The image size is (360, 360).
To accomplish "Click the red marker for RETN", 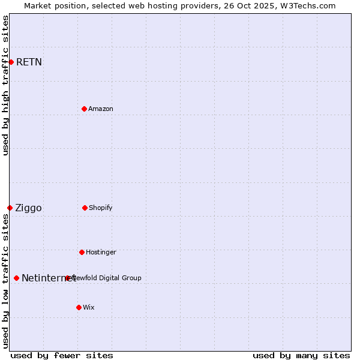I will pos(11,62).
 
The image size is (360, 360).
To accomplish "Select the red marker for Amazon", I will pos(84,109).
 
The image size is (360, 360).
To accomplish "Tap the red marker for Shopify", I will pos(85,208).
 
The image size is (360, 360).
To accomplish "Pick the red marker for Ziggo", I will pos(10,208).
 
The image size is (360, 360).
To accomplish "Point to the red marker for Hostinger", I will pos(82,252).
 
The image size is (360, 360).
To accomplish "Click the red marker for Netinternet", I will pos(16,278).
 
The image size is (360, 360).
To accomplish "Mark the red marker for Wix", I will pos(79,307).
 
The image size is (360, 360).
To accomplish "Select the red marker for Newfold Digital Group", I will pos(68,278).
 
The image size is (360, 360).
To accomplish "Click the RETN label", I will pos(29,62).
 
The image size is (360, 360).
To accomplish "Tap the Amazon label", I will pos(101,109).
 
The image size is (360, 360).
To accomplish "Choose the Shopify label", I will pos(101,208).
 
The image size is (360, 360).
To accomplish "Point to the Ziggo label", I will pos(28,208).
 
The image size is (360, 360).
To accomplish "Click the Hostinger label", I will pos(101,252).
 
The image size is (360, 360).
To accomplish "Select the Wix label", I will pos(89,307).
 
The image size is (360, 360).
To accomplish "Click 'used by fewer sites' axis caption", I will pos(62,355).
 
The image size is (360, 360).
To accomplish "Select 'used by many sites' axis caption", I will pos(301,355).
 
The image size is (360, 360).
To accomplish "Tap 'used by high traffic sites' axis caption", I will pos(5,85).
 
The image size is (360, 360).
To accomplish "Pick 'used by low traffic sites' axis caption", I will pos(5,281).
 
